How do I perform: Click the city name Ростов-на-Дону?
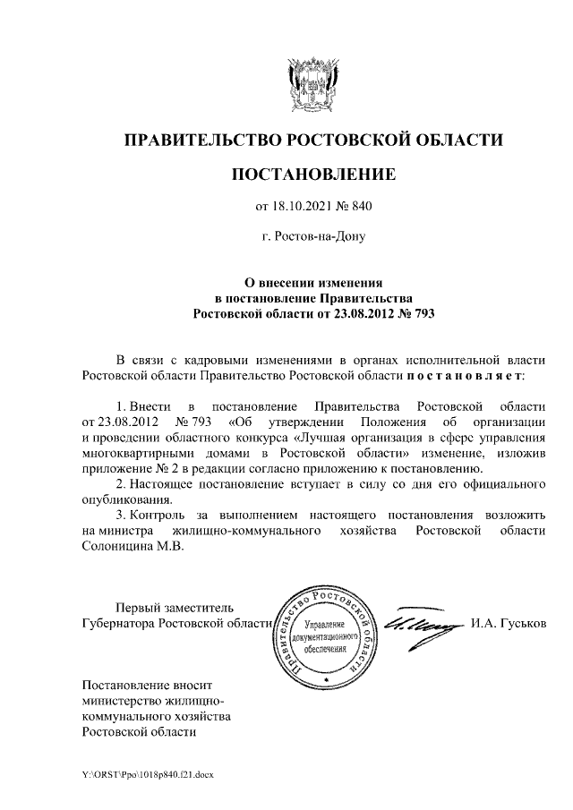(312, 238)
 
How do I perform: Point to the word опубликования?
(125, 500)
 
